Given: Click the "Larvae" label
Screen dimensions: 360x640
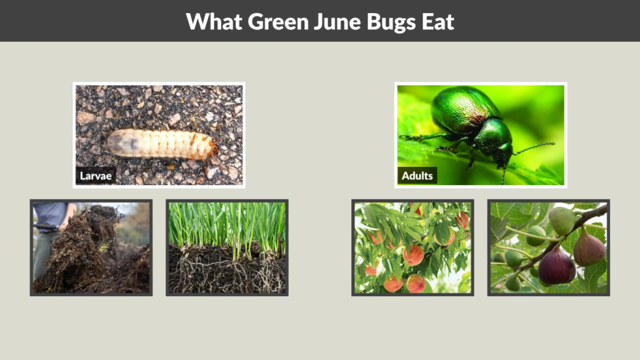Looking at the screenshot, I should coord(96,176).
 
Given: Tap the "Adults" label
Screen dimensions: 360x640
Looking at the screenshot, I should coord(417,176).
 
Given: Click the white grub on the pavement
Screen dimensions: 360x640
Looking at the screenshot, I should coord(159,144).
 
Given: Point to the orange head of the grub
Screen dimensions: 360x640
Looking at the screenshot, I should coord(212,148).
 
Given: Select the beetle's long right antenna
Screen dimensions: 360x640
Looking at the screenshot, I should coord(535,147).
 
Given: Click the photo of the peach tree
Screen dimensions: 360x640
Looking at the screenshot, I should coord(412,247).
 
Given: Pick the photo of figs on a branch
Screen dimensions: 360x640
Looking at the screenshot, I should coord(549,247).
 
